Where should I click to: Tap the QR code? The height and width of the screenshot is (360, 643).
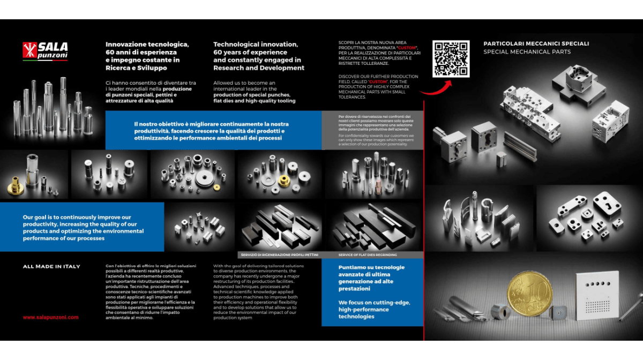point(451,58)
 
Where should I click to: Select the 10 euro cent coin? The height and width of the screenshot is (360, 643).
point(530,295)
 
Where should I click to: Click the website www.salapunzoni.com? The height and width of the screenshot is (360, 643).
point(50,317)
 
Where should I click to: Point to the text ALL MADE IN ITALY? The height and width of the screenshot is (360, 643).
point(51,266)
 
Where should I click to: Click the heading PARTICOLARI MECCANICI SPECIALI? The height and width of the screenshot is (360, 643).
point(536,43)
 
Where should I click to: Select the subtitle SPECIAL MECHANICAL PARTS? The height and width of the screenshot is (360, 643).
point(527,52)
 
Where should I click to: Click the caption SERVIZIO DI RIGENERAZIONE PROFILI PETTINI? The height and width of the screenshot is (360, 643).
point(278,255)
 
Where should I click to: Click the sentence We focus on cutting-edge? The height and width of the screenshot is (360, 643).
point(374,303)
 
